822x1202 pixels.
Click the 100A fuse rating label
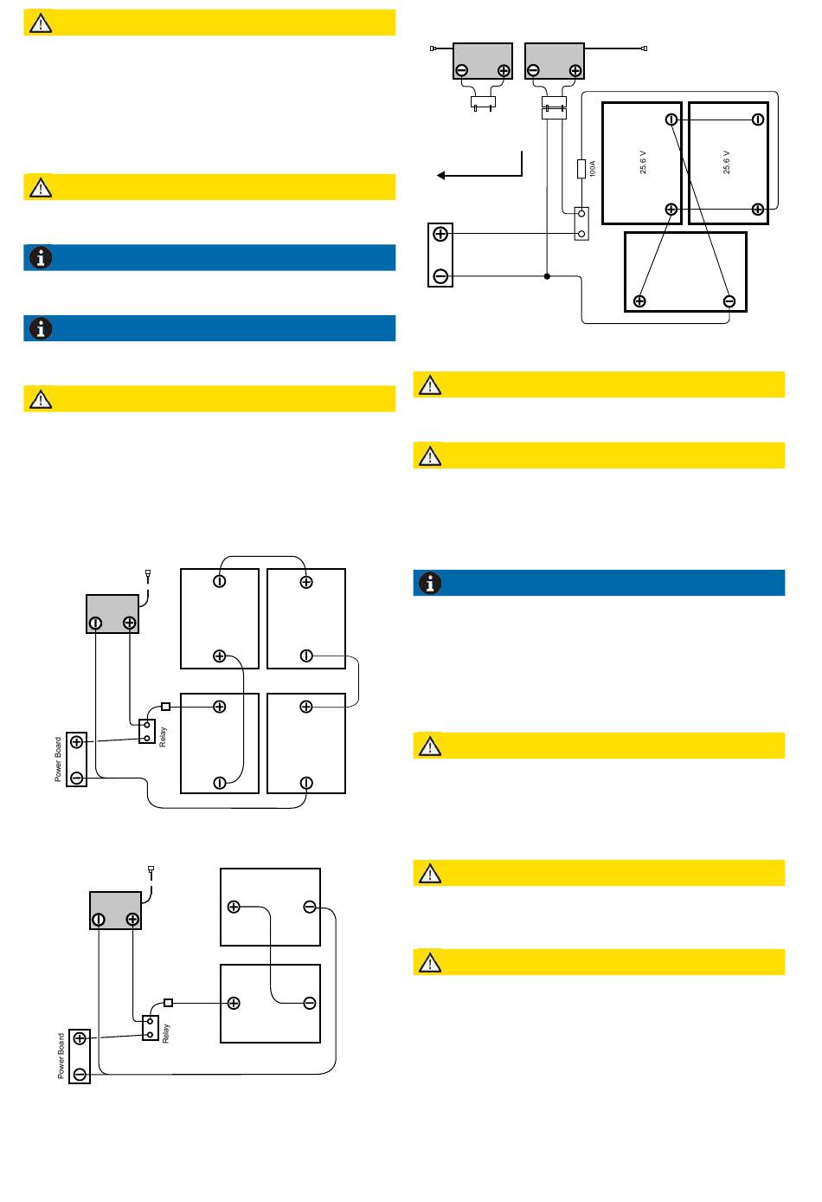[593, 168]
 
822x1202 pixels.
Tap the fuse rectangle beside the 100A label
[581, 168]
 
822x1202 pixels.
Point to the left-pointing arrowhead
[441, 176]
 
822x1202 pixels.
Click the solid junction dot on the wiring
[547, 276]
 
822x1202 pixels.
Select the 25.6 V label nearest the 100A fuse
[643, 163]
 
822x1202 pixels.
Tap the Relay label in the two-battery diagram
[166, 1033]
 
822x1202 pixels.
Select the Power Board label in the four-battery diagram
[59, 759]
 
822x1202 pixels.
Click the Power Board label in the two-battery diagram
[61, 1056]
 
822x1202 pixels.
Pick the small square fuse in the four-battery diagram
[166, 707]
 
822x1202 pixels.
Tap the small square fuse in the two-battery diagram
[169, 1003]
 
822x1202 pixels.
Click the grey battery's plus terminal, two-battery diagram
[132, 920]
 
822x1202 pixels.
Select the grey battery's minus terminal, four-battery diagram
[96, 623]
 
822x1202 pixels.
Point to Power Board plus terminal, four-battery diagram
[77, 742]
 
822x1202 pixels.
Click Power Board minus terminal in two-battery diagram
[80, 1075]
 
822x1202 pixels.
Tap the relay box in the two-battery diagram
[151, 1028]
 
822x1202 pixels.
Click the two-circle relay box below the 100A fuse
[581, 223]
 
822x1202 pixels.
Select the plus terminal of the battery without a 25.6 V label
[639, 301]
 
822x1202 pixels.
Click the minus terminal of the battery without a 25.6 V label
[729, 301]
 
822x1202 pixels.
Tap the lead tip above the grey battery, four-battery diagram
[148, 572]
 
